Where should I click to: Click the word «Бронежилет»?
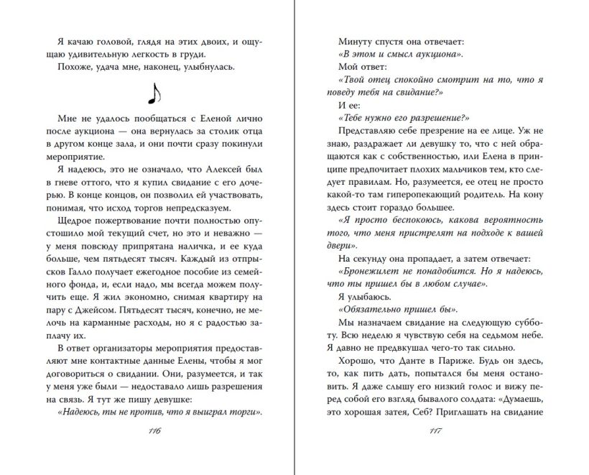point(368,270)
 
